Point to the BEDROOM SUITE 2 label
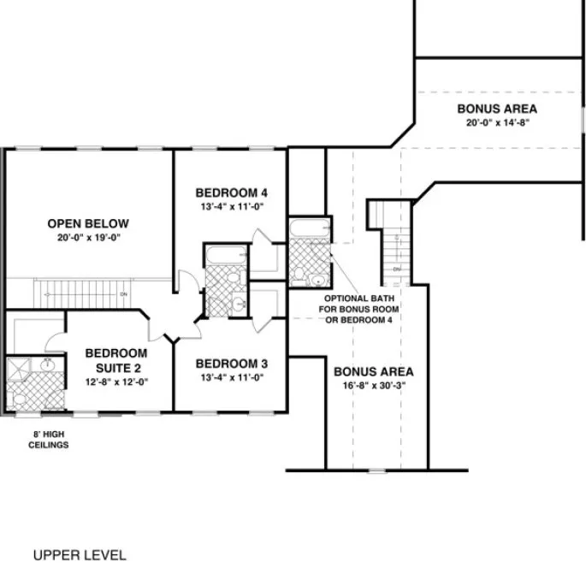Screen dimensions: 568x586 [115, 359]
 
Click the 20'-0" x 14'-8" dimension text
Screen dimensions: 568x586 [497, 122]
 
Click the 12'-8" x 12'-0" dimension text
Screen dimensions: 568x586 [115, 381]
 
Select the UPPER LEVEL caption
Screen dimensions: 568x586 [80, 554]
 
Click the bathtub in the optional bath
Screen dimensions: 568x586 [304, 228]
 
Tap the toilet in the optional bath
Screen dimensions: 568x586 [299, 275]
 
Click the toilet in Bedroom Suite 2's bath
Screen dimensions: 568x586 [19, 399]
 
